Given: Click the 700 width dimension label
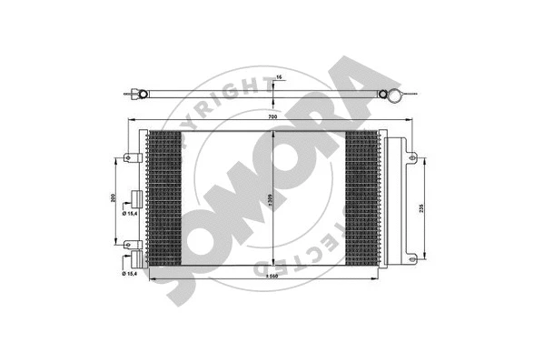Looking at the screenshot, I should tap(272, 116).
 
